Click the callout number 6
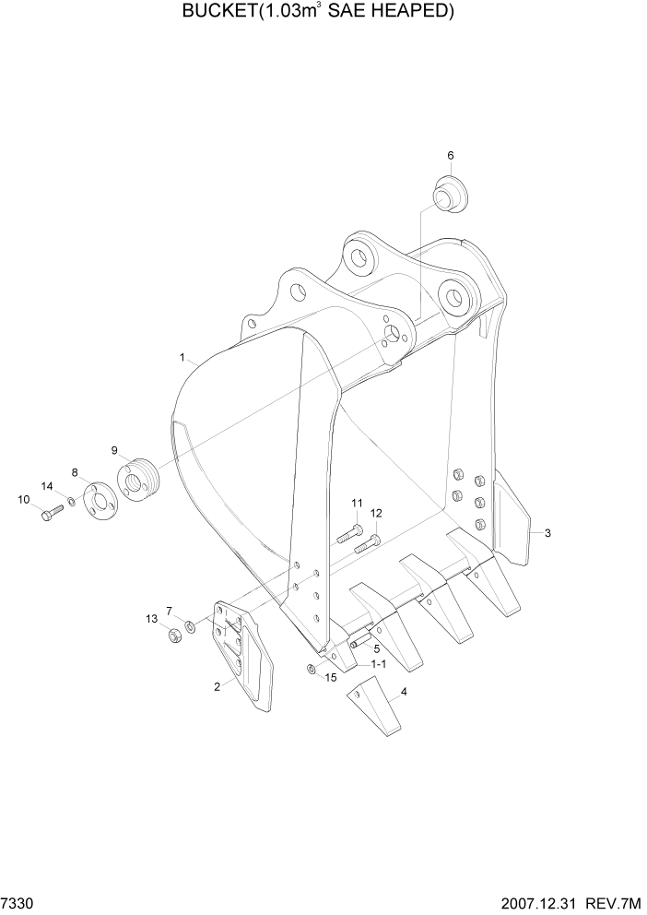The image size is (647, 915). pos(451,156)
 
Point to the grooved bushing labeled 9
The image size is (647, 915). pos(139,481)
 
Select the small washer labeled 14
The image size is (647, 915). pos(71,503)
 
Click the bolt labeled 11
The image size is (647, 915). pos(346,533)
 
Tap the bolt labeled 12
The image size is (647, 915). pos(370,541)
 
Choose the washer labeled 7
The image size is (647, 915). pos(189,627)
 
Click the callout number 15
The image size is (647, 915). pos(331,679)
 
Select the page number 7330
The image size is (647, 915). pos(17,901)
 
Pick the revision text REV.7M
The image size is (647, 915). pos(617,901)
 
